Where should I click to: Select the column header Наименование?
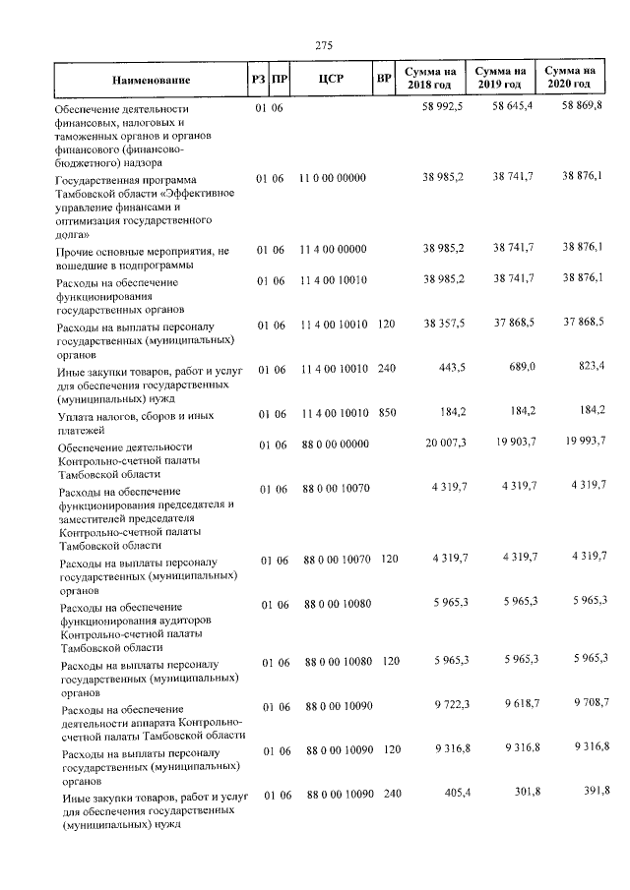151,80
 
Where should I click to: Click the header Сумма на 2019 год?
500,79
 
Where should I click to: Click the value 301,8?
520,793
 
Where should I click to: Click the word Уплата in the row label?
75,417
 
